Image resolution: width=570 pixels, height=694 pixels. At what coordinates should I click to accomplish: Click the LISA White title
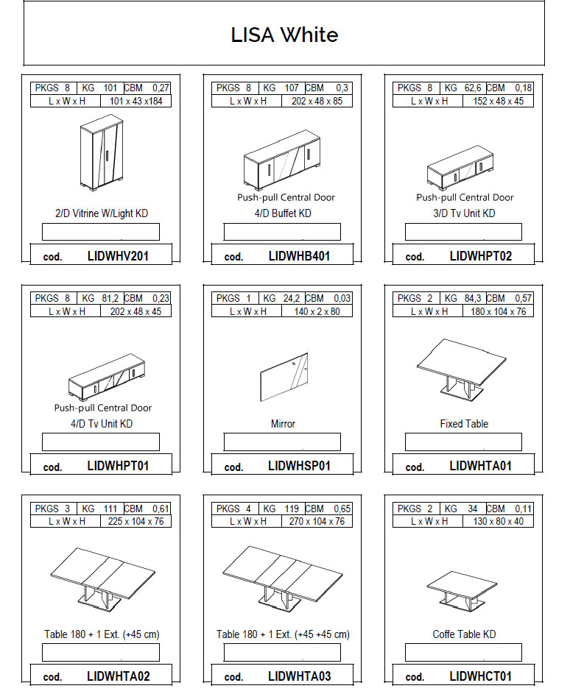point(284,35)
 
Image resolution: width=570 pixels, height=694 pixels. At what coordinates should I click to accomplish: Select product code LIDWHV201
point(118,256)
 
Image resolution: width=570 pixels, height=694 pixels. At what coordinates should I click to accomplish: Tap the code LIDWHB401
point(299,256)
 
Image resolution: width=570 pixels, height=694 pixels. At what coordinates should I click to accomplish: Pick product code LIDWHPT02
point(481,256)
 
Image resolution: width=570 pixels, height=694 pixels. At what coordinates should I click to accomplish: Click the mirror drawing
point(284,377)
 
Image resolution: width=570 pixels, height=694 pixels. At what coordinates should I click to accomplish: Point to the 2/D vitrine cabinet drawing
point(102,152)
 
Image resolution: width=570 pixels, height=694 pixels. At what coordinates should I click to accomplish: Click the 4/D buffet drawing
point(282,160)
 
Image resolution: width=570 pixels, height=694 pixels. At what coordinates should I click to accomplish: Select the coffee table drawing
point(462,591)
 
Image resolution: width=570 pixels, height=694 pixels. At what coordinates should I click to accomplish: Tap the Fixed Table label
point(464,424)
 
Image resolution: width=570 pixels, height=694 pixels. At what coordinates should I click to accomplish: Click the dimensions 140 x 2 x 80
point(317,311)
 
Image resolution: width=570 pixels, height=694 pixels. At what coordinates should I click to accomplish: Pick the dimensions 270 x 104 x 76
point(317,521)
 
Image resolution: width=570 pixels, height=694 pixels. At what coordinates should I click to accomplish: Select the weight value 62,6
point(473,88)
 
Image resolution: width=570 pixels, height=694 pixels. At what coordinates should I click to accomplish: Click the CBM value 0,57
point(523,298)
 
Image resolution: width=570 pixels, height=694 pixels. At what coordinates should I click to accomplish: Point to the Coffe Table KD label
point(464,634)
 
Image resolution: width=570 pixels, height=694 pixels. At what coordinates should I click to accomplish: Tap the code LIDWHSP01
point(299,466)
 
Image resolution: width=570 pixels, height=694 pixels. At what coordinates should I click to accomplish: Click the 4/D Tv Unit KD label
point(102,424)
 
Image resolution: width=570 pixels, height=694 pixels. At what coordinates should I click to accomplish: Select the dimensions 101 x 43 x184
point(136,102)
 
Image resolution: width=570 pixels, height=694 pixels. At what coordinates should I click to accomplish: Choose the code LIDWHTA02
point(119,676)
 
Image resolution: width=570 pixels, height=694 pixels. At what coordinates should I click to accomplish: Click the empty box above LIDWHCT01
point(463,652)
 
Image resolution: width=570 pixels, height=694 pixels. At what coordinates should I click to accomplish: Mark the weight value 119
point(292,509)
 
